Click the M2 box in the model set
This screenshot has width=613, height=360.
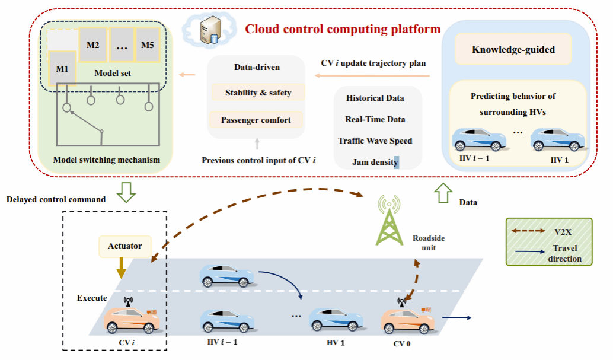pos(92,45)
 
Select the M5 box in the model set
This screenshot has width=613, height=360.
pos(147,45)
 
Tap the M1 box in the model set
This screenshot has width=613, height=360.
pos(62,68)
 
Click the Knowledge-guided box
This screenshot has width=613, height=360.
pos(513,49)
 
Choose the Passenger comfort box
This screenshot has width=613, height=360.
pos(256,120)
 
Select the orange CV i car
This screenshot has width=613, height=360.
pos(132,320)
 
